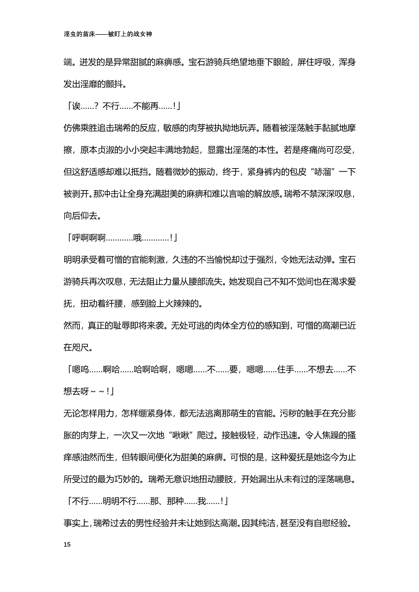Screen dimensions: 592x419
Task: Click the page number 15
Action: tap(67, 544)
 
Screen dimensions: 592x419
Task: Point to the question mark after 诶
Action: tap(96, 107)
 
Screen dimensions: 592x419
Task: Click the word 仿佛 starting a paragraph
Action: tap(72, 128)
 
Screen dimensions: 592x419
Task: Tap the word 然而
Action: tap(72, 326)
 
